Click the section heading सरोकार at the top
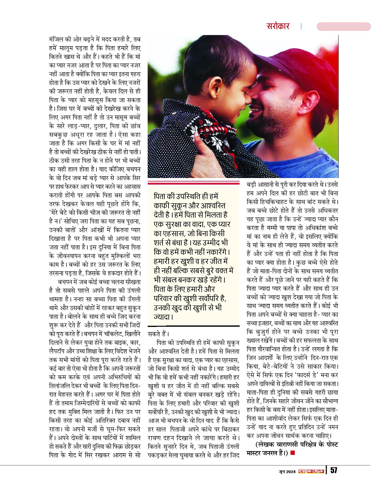pyautogui.click(x=278, y=26)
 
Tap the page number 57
pyautogui.click(x=334, y=470)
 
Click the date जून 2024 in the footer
pyautogui.click(x=287, y=472)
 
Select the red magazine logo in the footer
pyautogui.click(x=311, y=471)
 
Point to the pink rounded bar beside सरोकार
pyautogui.click(x=343, y=27)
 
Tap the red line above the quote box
pyautogui.click(x=193, y=183)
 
